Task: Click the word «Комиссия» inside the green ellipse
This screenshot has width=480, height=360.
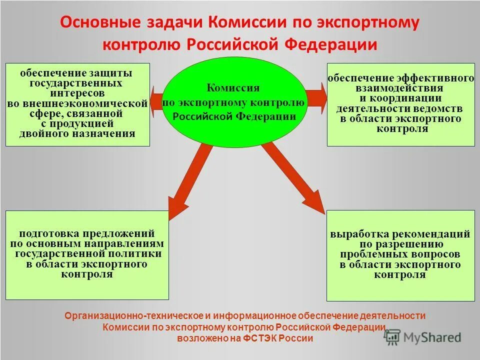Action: coord(233,88)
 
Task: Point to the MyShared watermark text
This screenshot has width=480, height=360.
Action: coord(432,337)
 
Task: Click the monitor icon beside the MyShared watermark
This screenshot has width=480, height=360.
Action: coord(393,337)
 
